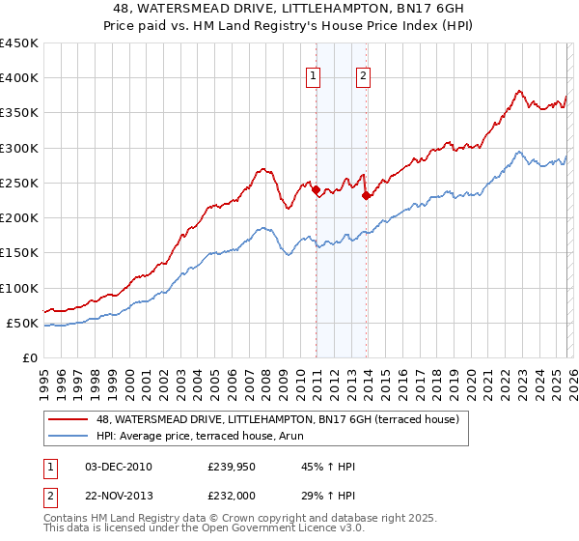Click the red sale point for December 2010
pyautogui.click(x=317, y=190)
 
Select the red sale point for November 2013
pyautogui.click(x=366, y=195)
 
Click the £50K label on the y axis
pyautogui.click(x=23, y=323)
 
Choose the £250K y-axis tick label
pyautogui.click(x=19, y=183)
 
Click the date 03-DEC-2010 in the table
pyautogui.click(x=119, y=467)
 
